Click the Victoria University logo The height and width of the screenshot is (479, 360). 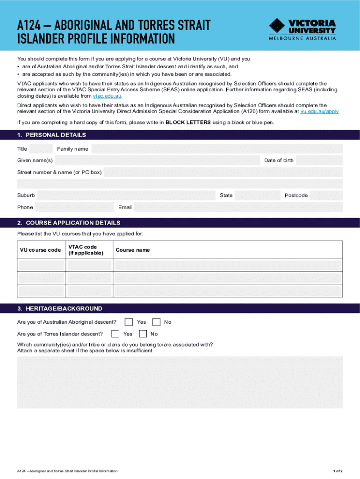click(x=302, y=29)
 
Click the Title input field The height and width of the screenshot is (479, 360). click(x=41, y=149)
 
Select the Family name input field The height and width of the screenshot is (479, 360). click(x=217, y=149)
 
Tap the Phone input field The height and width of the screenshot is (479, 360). click(x=74, y=207)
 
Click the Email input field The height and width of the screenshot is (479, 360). click(x=238, y=207)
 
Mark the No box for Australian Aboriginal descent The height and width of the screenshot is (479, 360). click(x=156, y=322)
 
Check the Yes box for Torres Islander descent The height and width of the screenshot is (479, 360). click(x=115, y=334)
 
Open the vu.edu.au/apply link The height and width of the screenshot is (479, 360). click(x=319, y=111)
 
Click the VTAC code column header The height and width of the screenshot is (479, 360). click(x=83, y=250)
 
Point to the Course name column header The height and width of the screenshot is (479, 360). click(x=133, y=250)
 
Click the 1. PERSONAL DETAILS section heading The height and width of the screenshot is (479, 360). click(x=51, y=135)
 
